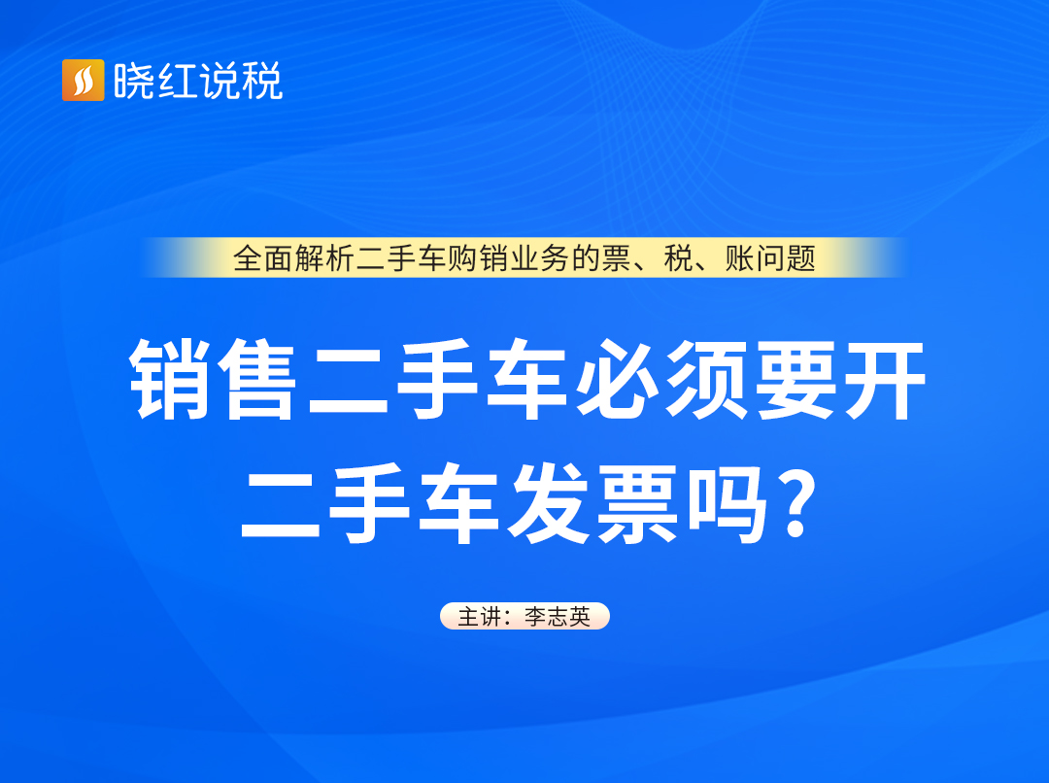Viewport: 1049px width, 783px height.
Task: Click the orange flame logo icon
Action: click(x=83, y=81)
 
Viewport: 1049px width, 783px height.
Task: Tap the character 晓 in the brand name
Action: click(x=134, y=81)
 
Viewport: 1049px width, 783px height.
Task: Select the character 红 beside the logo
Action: click(x=177, y=81)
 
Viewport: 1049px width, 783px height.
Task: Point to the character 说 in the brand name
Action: click(x=219, y=81)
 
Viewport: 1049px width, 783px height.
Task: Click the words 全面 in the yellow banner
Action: click(x=263, y=258)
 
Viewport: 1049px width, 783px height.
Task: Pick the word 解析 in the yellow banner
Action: click(x=324, y=258)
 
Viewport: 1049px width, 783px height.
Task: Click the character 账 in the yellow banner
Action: click(x=739, y=258)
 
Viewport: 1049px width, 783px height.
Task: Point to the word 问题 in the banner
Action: click(x=786, y=258)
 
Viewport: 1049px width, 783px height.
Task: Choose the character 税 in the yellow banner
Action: click(x=678, y=258)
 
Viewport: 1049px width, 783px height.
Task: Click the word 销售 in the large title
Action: click(x=213, y=380)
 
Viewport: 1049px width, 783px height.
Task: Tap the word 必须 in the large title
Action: click(x=661, y=380)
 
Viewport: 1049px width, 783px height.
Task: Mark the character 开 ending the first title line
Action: click(x=885, y=380)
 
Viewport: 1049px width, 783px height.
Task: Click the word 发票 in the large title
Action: click(x=593, y=503)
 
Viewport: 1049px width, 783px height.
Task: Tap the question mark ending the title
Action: click(x=798, y=503)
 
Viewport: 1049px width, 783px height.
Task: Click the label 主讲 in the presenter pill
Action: click(x=480, y=616)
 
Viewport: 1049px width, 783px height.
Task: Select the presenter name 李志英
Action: click(x=558, y=616)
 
